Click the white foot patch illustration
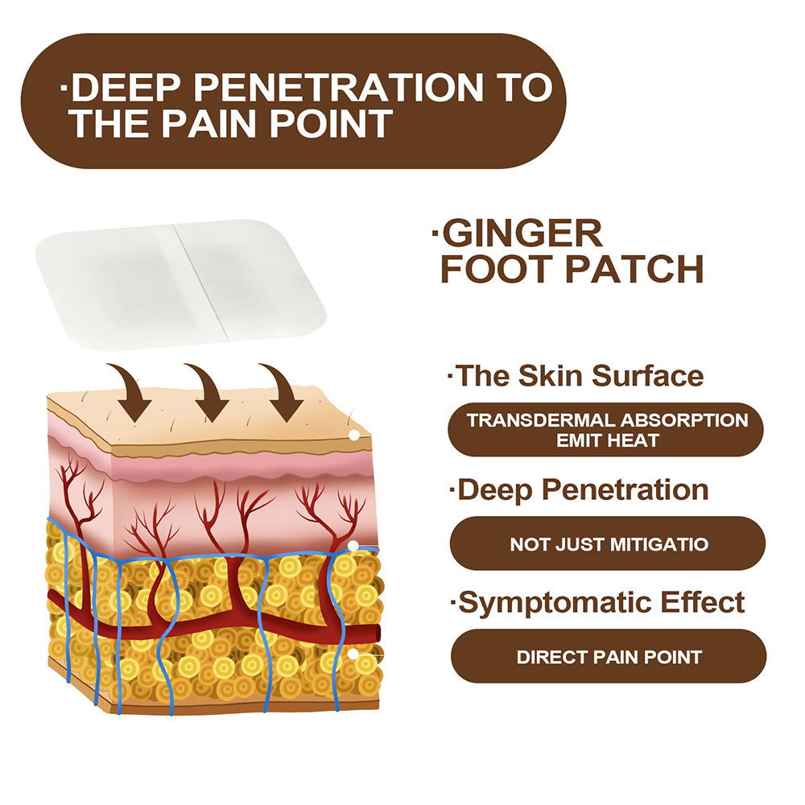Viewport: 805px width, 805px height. coord(181,285)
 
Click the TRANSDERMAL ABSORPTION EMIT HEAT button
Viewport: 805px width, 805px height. coord(607,430)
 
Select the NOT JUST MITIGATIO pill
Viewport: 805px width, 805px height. coord(609,544)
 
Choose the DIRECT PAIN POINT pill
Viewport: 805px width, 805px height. coord(609,657)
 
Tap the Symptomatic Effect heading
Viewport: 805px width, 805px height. coord(601,602)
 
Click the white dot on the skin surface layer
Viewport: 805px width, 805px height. coord(353,435)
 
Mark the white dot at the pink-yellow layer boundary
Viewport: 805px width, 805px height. coord(353,547)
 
